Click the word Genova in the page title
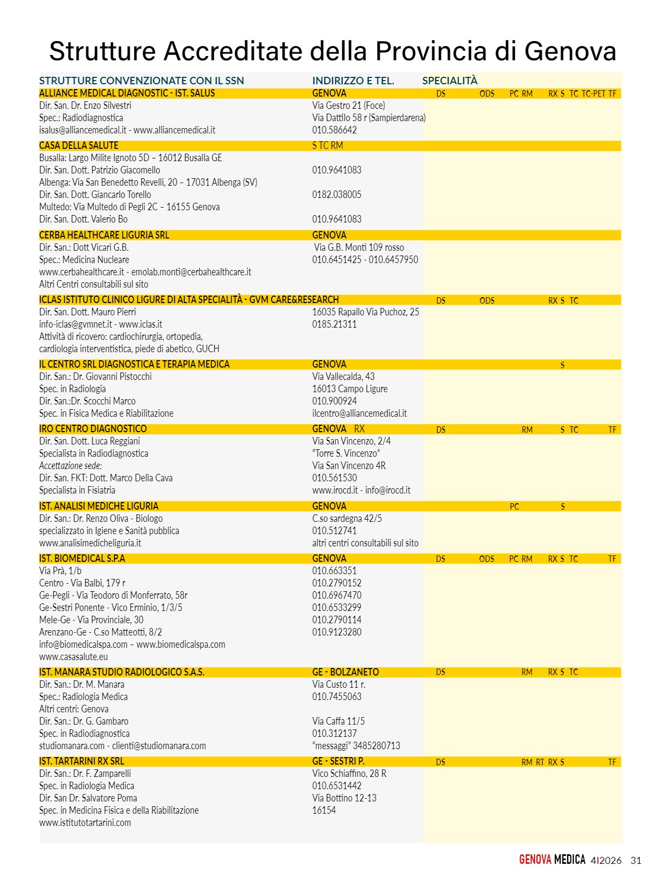(x=570, y=51)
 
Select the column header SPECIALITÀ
(x=449, y=81)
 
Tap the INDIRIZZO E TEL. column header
(x=353, y=81)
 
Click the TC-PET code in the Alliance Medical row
(x=593, y=94)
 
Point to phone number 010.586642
(x=334, y=130)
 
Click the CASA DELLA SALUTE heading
(x=78, y=146)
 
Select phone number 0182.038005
(x=336, y=195)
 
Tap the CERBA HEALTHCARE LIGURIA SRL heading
(x=104, y=235)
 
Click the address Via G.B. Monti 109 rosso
(x=359, y=248)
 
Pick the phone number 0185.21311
(x=334, y=324)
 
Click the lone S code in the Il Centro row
(x=562, y=365)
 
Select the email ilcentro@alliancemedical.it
(x=359, y=414)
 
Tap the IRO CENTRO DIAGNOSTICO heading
(x=93, y=429)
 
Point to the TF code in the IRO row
(x=612, y=430)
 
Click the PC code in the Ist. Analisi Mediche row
(x=514, y=507)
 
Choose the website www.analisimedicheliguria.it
(x=90, y=543)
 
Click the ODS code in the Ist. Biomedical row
(x=486, y=559)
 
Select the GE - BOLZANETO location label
(x=345, y=672)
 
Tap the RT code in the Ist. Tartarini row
(x=540, y=762)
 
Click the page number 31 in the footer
(x=635, y=861)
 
